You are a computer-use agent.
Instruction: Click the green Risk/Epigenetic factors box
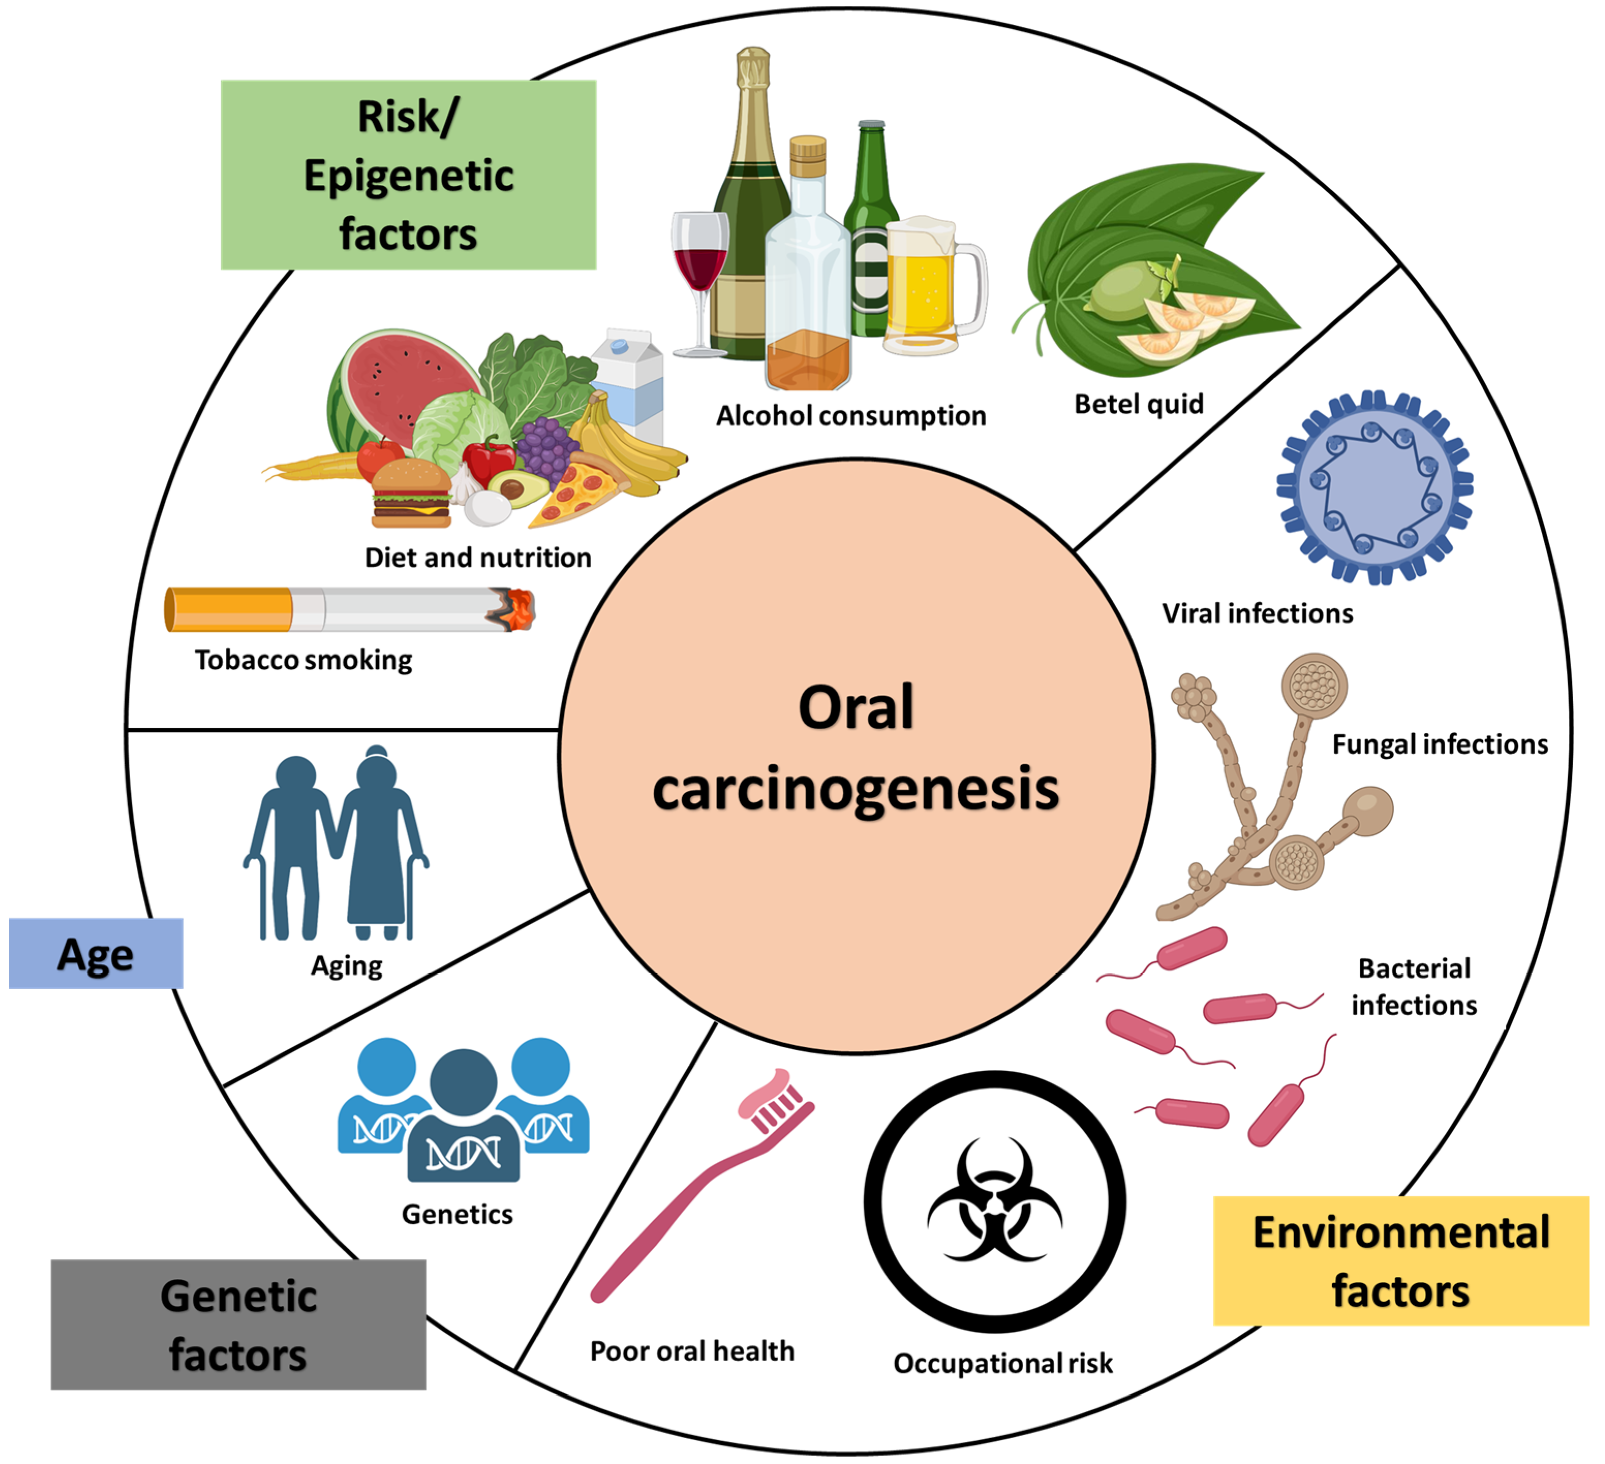point(408,175)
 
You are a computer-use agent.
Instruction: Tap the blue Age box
point(96,954)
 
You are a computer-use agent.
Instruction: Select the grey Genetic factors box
point(239,1326)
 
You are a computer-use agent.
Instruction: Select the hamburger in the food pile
point(412,493)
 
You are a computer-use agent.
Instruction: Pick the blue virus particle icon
point(1376,487)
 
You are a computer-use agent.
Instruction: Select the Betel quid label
point(1138,404)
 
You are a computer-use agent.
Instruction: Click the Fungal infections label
point(1440,744)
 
